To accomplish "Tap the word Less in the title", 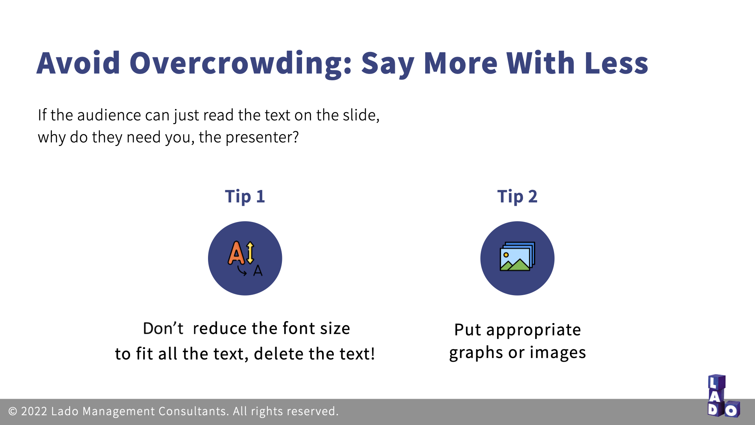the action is pos(616,63).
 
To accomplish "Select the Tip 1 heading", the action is pos(245,196).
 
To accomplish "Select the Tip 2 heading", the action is pos(517,196).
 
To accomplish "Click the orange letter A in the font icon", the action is pos(237,253).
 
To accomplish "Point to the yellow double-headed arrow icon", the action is pos(250,252).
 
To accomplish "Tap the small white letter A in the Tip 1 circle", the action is pos(258,271).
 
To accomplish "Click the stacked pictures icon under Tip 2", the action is pos(517,256).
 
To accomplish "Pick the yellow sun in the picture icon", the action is pos(506,255).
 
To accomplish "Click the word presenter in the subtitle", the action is pos(262,137).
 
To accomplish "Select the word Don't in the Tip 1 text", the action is pos(163,329).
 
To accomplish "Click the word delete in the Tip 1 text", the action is pos(278,354).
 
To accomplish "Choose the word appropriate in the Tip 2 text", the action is pos(534,330).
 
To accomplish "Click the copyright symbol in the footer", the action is pos(13,412).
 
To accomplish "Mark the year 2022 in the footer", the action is pos(34,412).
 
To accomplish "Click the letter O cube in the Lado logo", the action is pos(732,409).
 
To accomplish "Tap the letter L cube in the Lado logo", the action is pos(716,382).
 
